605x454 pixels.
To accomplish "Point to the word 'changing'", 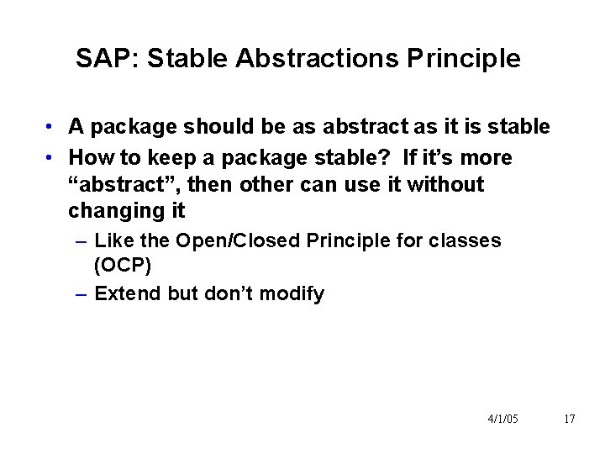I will [x=110, y=209].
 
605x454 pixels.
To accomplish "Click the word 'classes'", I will [x=466, y=240].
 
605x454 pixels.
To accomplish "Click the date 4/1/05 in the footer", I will [x=502, y=418].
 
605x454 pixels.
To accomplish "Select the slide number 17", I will [x=569, y=418].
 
